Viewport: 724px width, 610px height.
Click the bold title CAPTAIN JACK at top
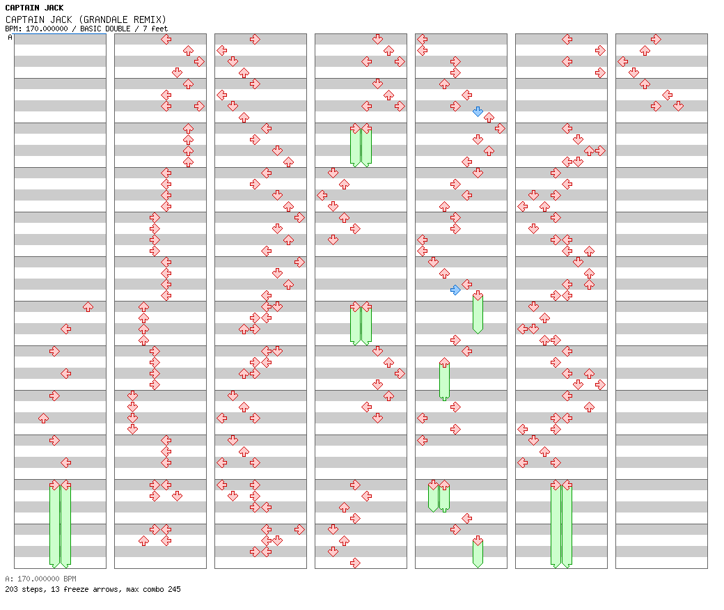click(x=34, y=8)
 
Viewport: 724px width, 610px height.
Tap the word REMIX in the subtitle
click(x=149, y=19)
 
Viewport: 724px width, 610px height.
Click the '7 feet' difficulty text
click(x=155, y=29)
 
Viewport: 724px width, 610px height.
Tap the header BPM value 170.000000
click(x=47, y=29)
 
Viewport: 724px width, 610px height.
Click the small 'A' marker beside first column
click(x=10, y=38)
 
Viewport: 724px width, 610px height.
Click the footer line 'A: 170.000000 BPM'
click(x=40, y=579)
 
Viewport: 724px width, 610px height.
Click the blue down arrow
click(x=478, y=111)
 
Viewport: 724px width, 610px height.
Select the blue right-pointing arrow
click(x=456, y=290)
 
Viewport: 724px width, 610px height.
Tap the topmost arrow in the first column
click(x=88, y=306)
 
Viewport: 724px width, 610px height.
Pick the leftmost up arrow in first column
click(x=43, y=418)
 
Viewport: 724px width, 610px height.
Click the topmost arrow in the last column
click(x=656, y=39)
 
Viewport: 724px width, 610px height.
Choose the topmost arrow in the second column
click(x=166, y=39)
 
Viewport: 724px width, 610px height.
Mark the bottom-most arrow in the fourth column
click(x=355, y=563)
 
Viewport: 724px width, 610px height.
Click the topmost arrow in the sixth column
click(x=567, y=39)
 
